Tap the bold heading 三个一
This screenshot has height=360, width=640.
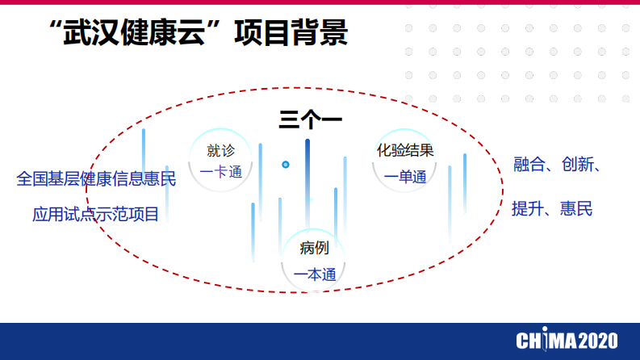(x=311, y=119)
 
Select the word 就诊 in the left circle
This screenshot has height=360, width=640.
(x=220, y=150)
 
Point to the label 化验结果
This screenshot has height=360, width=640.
(x=405, y=150)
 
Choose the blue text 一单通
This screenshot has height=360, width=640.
(x=405, y=178)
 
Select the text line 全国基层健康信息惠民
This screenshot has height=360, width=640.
(x=96, y=178)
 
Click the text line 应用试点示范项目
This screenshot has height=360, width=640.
(x=96, y=215)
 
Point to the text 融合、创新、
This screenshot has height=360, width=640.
(x=557, y=165)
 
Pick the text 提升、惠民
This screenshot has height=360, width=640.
(x=552, y=209)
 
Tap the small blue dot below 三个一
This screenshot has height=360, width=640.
(x=286, y=165)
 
